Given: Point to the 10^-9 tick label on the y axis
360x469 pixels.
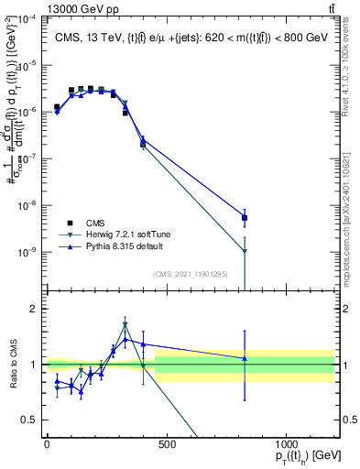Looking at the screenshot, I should (x=27, y=252).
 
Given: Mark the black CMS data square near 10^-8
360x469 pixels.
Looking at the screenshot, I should (x=245, y=218).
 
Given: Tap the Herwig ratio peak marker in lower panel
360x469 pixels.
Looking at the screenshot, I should (x=125, y=324).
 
